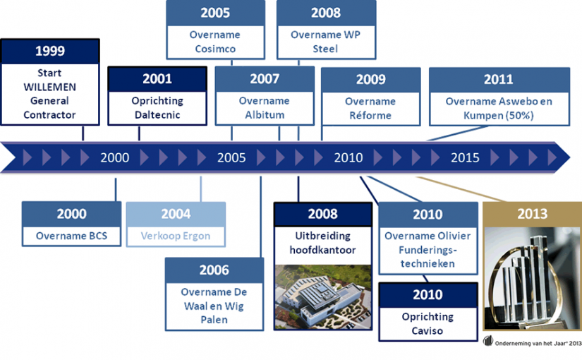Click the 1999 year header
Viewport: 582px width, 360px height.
50,51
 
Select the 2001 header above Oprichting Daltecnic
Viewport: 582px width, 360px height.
157,79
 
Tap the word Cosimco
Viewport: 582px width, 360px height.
215,49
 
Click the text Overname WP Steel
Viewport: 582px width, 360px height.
325,42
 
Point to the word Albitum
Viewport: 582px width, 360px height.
265,115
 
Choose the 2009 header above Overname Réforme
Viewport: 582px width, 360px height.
371,80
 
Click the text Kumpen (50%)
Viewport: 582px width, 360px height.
499,116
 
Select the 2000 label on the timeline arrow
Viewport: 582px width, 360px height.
115,157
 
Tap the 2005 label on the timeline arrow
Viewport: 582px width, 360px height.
231,157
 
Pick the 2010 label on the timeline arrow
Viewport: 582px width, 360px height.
348,157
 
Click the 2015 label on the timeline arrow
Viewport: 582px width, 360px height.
465,157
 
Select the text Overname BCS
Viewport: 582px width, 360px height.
72,236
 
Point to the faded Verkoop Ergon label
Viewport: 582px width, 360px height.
176,236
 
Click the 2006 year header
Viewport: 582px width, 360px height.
214,270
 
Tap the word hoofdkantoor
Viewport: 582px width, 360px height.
322,250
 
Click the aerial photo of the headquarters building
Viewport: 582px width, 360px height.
323,297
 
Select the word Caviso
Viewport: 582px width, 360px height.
428,330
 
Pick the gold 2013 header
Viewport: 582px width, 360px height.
532,214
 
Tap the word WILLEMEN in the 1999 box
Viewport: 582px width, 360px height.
50,87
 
